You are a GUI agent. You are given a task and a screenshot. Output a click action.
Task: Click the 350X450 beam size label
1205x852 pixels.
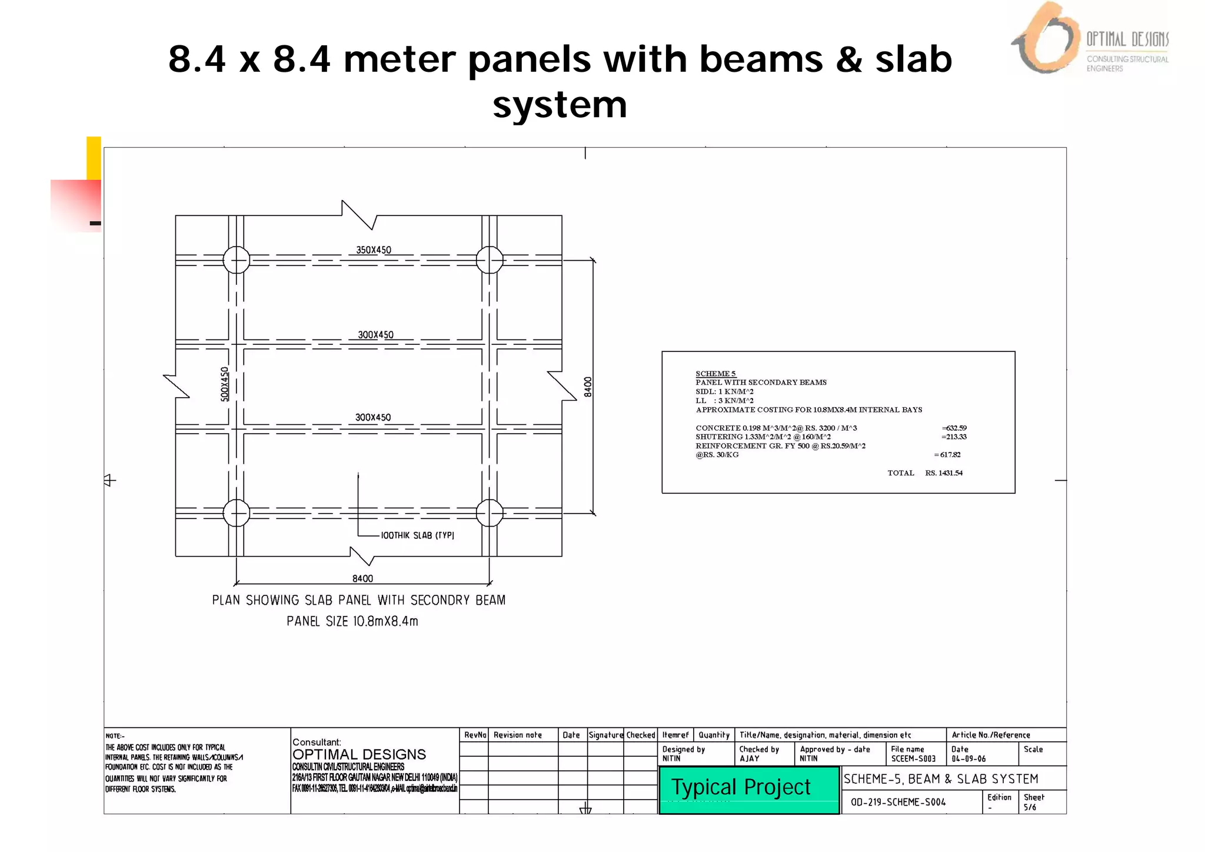pos(374,250)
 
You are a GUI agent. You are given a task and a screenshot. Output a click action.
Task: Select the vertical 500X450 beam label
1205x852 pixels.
pos(224,384)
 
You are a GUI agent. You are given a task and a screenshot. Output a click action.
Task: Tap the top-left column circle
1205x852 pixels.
pos(237,260)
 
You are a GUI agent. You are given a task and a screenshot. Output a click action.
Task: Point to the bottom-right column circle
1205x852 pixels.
pos(490,513)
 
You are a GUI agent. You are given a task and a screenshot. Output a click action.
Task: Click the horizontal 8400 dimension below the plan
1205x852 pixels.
pos(362,578)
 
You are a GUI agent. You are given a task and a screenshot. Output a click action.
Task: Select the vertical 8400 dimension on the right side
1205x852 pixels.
pos(588,387)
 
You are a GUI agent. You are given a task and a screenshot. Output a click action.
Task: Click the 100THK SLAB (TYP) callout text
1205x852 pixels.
pos(417,535)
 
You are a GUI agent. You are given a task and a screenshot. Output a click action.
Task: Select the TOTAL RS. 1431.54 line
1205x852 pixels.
pos(925,473)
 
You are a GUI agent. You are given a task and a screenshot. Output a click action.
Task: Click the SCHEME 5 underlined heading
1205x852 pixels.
pos(715,374)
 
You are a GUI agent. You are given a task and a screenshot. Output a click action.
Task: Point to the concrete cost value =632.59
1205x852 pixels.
pos(954,428)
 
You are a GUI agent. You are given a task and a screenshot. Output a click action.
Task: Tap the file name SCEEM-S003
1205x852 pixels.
pos(913,759)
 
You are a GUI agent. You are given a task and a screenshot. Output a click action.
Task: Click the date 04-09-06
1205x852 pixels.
pos(968,759)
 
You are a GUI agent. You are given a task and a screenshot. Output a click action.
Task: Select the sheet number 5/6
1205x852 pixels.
pos(1030,807)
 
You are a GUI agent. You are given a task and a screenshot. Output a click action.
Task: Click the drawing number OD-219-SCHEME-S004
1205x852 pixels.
pos(898,802)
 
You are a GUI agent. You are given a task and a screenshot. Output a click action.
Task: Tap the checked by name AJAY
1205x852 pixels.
pos(750,759)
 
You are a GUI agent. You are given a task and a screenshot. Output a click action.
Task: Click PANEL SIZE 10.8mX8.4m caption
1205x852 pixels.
pos(352,621)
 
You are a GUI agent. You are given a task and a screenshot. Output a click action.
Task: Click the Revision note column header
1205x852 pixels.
pos(517,735)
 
